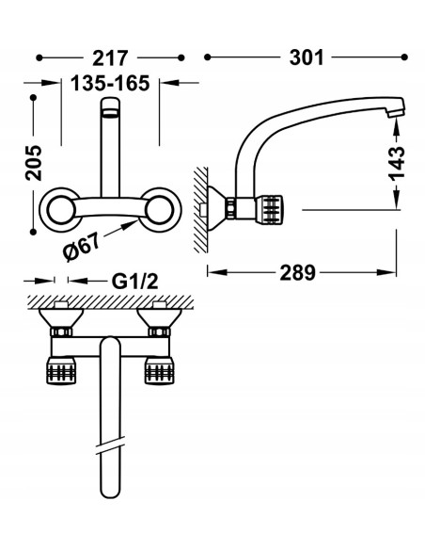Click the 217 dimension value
click(110, 58)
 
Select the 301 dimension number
click(307, 57)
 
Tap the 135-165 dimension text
click(110, 84)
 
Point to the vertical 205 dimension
click(34, 163)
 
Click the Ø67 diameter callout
click(82, 247)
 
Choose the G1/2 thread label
click(134, 282)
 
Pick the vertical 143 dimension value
click(397, 162)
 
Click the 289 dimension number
click(297, 272)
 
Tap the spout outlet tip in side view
click(397, 111)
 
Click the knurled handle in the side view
click(270, 209)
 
